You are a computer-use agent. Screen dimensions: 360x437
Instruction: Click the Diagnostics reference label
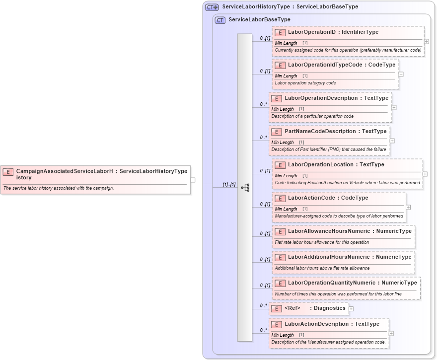[329, 308]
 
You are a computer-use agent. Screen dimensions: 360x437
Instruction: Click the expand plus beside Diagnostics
[351, 308]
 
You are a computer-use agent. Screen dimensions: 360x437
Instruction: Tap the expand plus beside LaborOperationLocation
[425, 174]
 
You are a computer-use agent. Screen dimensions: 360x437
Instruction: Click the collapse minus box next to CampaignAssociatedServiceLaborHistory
[193, 180]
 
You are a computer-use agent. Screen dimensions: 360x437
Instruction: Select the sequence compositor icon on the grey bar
[245, 188]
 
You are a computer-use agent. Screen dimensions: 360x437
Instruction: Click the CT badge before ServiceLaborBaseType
[220, 20]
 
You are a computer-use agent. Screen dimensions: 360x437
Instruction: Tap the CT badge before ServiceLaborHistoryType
[212, 7]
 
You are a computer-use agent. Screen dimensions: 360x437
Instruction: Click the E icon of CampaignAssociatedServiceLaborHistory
[8, 172]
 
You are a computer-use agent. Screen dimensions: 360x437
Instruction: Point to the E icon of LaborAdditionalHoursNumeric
[280, 257]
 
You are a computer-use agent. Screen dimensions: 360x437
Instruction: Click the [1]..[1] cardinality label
[229, 185]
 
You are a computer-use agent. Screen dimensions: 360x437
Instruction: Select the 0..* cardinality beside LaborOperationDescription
[263, 104]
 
